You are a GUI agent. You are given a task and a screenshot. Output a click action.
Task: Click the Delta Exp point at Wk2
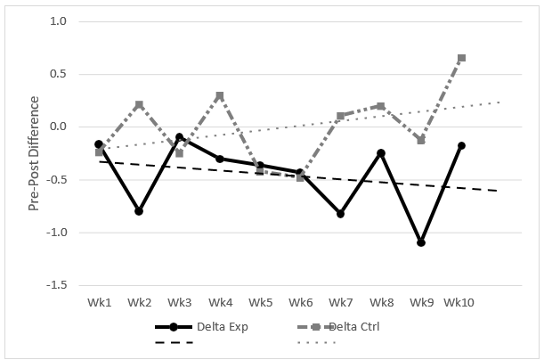pyautogui.click(x=139, y=211)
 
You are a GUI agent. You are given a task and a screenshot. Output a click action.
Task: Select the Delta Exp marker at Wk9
pyautogui.click(x=421, y=242)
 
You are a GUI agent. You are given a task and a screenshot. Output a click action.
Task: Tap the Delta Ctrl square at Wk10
pyautogui.click(x=461, y=58)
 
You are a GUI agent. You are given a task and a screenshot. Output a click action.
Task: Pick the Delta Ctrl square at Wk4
pyautogui.click(x=220, y=95)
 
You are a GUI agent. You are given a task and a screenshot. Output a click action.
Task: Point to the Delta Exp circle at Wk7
pyautogui.click(x=341, y=214)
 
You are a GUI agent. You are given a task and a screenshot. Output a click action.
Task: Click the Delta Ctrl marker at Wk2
pyautogui.click(x=139, y=104)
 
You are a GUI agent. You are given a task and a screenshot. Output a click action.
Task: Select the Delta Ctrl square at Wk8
pyautogui.click(x=381, y=106)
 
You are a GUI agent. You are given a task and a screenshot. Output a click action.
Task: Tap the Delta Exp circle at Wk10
pyautogui.click(x=461, y=145)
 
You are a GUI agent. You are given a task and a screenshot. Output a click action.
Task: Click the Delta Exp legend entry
pyautogui.click(x=200, y=326)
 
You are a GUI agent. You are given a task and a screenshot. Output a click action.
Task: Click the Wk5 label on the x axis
pyautogui.click(x=260, y=303)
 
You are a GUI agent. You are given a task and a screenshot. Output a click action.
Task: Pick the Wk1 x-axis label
pyautogui.click(x=99, y=303)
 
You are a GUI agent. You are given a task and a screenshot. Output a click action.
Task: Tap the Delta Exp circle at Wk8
pyautogui.click(x=381, y=153)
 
